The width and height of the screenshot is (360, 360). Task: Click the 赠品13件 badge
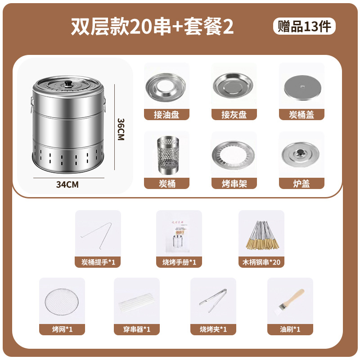(x=304, y=26)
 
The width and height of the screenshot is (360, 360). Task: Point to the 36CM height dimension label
(x=120, y=130)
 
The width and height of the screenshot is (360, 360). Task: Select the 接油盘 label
(x=166, y=115)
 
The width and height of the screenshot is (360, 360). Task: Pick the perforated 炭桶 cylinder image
(x=166, y=154)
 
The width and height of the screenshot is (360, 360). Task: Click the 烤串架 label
(x=234, y=183)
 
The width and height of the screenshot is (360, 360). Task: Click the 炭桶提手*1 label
(x=98, y=261)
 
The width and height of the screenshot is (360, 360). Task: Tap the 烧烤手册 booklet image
(x=179, y=234)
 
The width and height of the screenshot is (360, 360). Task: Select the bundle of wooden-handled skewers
(x=261, y=234)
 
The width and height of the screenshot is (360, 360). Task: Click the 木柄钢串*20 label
(x=261, y=261)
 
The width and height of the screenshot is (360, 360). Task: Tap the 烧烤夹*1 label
(x=213, y=329)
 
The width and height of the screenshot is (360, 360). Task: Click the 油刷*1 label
(x=290, y=329)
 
